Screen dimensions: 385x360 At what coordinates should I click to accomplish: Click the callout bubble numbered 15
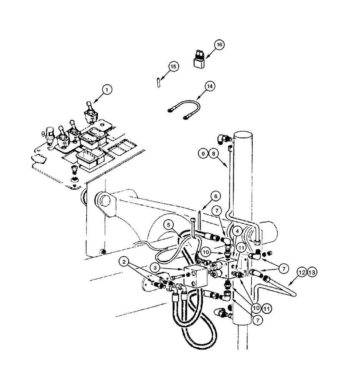[x=173, y=67]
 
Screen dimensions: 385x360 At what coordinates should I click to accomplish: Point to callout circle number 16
[x=218, y=45]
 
